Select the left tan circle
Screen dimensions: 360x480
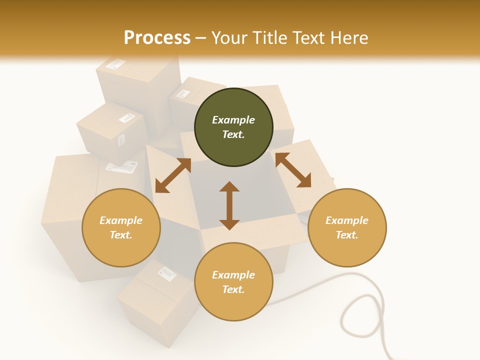coord(121,227)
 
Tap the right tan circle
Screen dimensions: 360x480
coord(347,227)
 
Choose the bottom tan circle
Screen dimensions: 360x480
coord(233,282)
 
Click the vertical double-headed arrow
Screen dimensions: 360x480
coord(229,205)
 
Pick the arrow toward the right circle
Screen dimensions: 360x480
coord(293,170)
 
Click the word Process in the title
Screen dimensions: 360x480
coord(157,37)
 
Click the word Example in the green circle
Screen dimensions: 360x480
coord(233,120)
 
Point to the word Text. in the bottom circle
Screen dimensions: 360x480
coord(233,289)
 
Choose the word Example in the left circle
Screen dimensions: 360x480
coord(121,220)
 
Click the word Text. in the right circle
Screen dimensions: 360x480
coord(347,235)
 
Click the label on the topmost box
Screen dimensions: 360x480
coord(115,64)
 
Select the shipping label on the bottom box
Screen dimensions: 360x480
coord(167,273)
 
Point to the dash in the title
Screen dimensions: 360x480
coord(200,38)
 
